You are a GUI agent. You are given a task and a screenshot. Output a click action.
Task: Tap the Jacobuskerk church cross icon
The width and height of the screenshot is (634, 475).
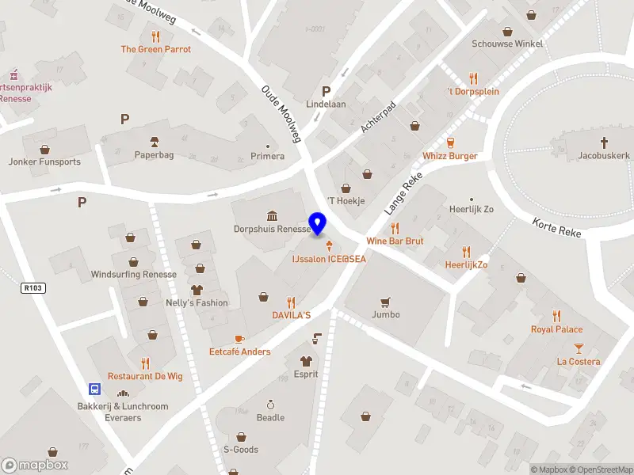(604, 142)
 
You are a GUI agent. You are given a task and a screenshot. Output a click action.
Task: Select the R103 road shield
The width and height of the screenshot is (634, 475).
(33, 288)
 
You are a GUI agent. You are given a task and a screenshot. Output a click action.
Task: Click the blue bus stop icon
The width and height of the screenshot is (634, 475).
(94, 389)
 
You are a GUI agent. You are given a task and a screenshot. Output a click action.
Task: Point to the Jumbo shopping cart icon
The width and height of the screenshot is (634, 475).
(386, 302)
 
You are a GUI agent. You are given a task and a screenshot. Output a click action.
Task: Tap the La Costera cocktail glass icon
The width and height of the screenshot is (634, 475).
(579, 348)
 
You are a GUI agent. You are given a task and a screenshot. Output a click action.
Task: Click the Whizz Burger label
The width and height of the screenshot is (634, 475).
(450, 156)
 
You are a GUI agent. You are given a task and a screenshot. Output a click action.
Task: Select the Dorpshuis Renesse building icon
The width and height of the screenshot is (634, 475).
(272, 216)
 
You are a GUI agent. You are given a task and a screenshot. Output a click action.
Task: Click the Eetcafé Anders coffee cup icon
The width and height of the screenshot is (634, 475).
(240, 339)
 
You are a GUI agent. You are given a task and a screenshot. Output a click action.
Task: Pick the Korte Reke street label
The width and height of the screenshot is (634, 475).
(557, 228)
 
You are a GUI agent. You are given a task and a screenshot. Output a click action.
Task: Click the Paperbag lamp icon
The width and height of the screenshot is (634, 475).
(154, 142)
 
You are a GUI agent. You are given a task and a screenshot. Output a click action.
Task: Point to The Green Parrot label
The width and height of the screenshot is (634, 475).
(155, 49)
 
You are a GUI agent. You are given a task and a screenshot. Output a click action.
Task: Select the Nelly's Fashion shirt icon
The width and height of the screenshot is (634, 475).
(197, 290)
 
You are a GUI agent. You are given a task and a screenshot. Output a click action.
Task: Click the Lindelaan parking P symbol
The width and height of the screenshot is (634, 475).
(326, 91)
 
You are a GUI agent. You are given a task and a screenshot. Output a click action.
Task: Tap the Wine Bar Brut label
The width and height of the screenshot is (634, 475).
(395, 241)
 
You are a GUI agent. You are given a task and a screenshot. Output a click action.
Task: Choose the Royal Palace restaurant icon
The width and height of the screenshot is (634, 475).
(556, 316)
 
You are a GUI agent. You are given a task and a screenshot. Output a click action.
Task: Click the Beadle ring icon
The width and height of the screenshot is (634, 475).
(270, 405)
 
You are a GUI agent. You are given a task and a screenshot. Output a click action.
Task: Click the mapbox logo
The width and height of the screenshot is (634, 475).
(35, 465)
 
